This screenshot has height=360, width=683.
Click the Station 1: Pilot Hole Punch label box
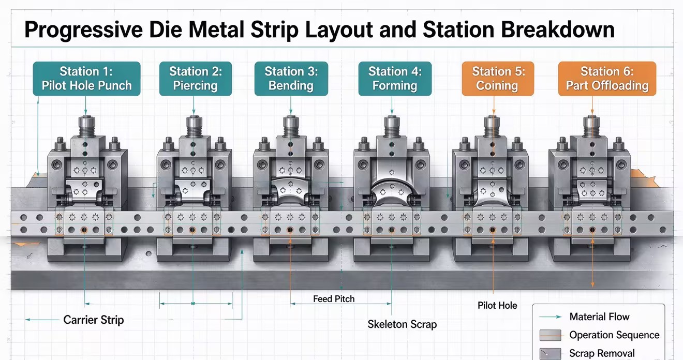(x=86, y=79)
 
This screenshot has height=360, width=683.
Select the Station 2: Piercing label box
(x=196, y=79)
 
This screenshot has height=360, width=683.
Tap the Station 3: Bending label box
(x=291, y=79)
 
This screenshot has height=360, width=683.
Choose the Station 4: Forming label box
(x=395, y=79)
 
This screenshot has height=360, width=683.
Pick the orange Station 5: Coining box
(x=498, y=79)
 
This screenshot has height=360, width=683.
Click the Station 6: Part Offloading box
(x=607, y=79)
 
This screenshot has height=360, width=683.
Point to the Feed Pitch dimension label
(x=334, y=299)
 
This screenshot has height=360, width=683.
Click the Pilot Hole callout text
(x=497, y=306)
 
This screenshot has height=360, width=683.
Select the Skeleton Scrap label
(x=402, y=324)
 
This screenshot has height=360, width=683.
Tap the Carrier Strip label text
(x=94, y=320)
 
